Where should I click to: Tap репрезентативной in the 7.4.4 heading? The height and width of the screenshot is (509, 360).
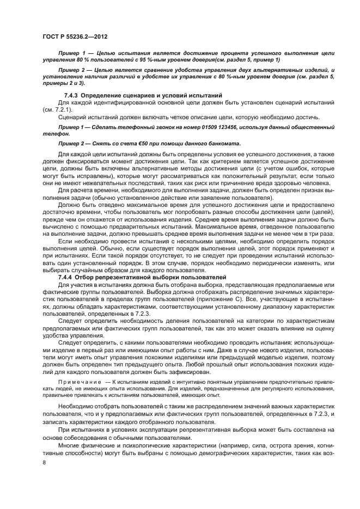point(121,277)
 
